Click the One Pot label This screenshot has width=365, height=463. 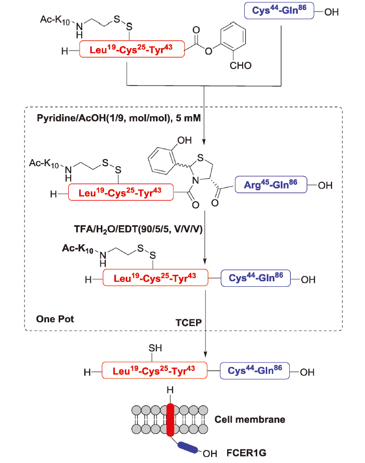55,319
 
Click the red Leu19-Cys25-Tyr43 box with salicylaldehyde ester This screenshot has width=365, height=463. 132,49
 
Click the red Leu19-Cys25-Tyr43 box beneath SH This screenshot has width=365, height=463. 155,371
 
